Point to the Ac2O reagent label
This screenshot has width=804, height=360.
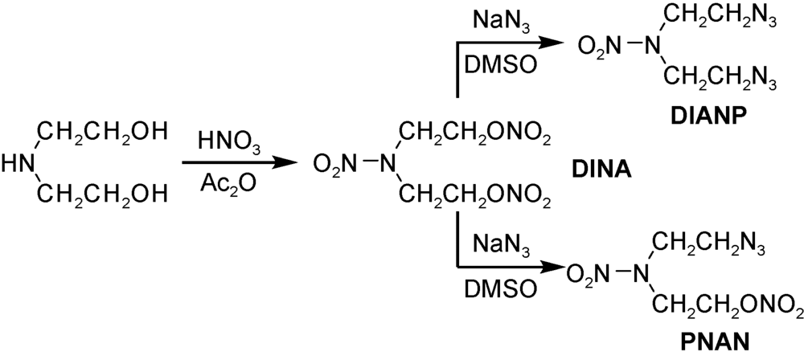coord(231,187)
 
